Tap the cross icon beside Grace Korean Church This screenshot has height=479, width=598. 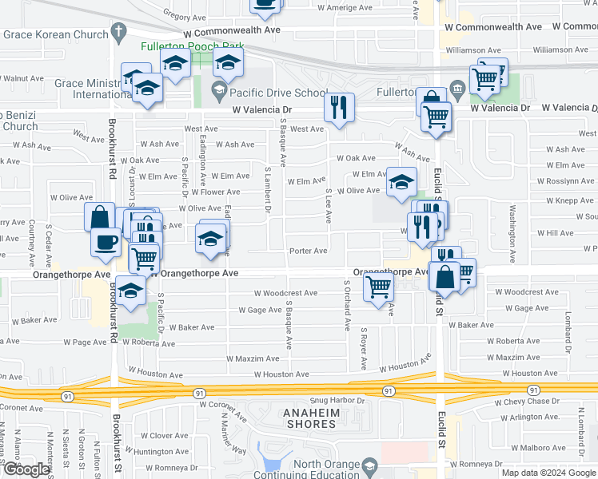pos(119,34)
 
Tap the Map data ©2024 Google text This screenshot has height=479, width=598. pos(548,473)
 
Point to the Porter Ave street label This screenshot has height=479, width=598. pos(308,251)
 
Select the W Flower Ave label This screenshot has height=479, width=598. pos(209,192)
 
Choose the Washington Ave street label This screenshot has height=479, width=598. pos(512,232)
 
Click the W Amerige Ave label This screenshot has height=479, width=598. pos(344,8)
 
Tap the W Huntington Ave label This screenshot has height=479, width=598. pos(161,452)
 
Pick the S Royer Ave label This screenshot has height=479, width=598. pos(363,348)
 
